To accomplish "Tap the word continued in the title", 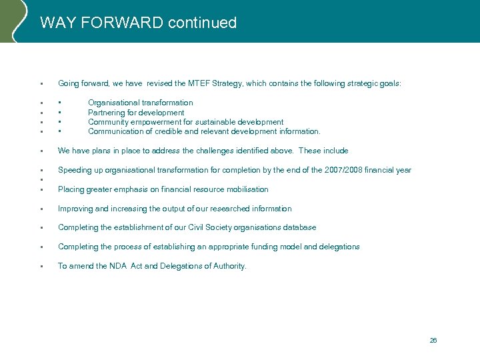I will click(203, 23).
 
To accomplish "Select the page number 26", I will click(433, 340).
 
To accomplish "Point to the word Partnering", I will click(107, 113).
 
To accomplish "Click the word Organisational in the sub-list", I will click(115, 103).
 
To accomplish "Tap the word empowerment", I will click(149, 122).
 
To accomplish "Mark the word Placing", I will click(71, 189).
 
